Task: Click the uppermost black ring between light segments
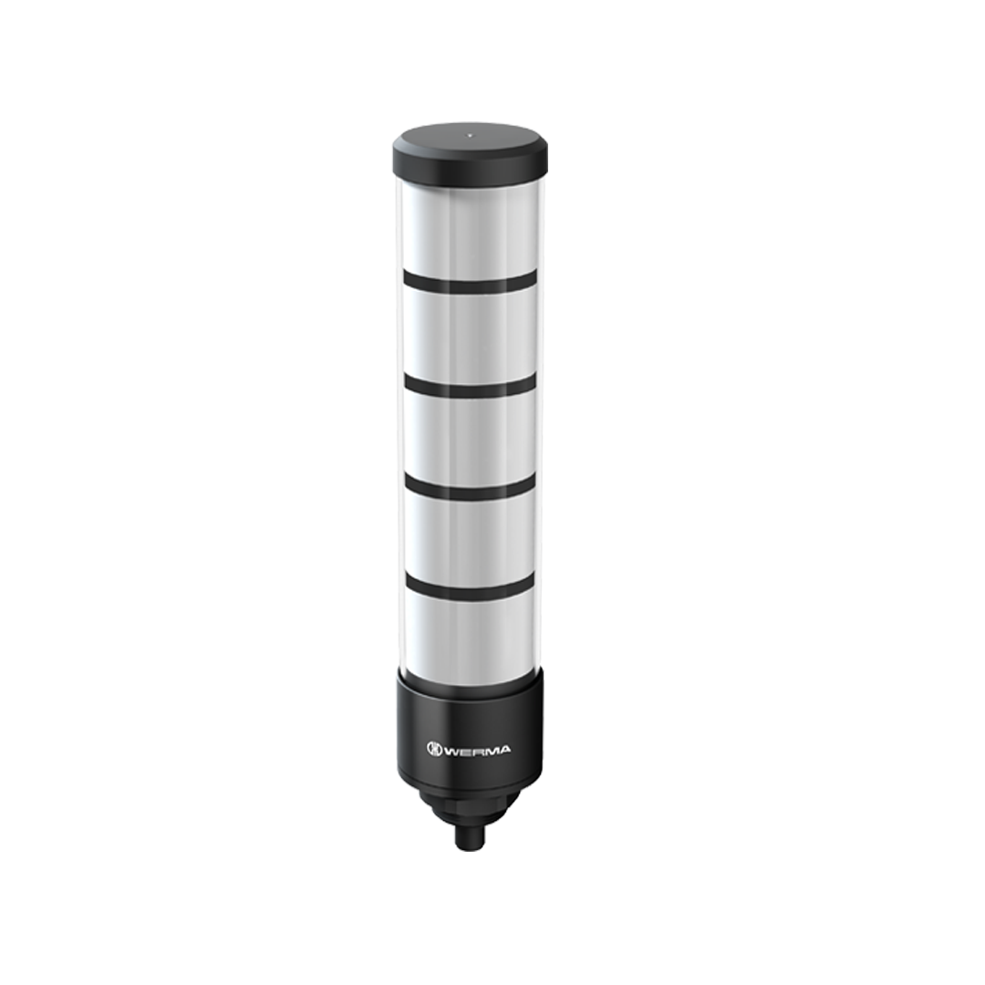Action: (x=470, y=283)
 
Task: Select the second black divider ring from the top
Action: (x=470, y=387)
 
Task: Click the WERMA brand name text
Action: (x=477, y=750)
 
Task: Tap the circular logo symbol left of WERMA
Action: (x=433, y=750)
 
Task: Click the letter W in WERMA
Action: (x=451, y=750)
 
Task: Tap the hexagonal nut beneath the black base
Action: (x=469, y=804)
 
